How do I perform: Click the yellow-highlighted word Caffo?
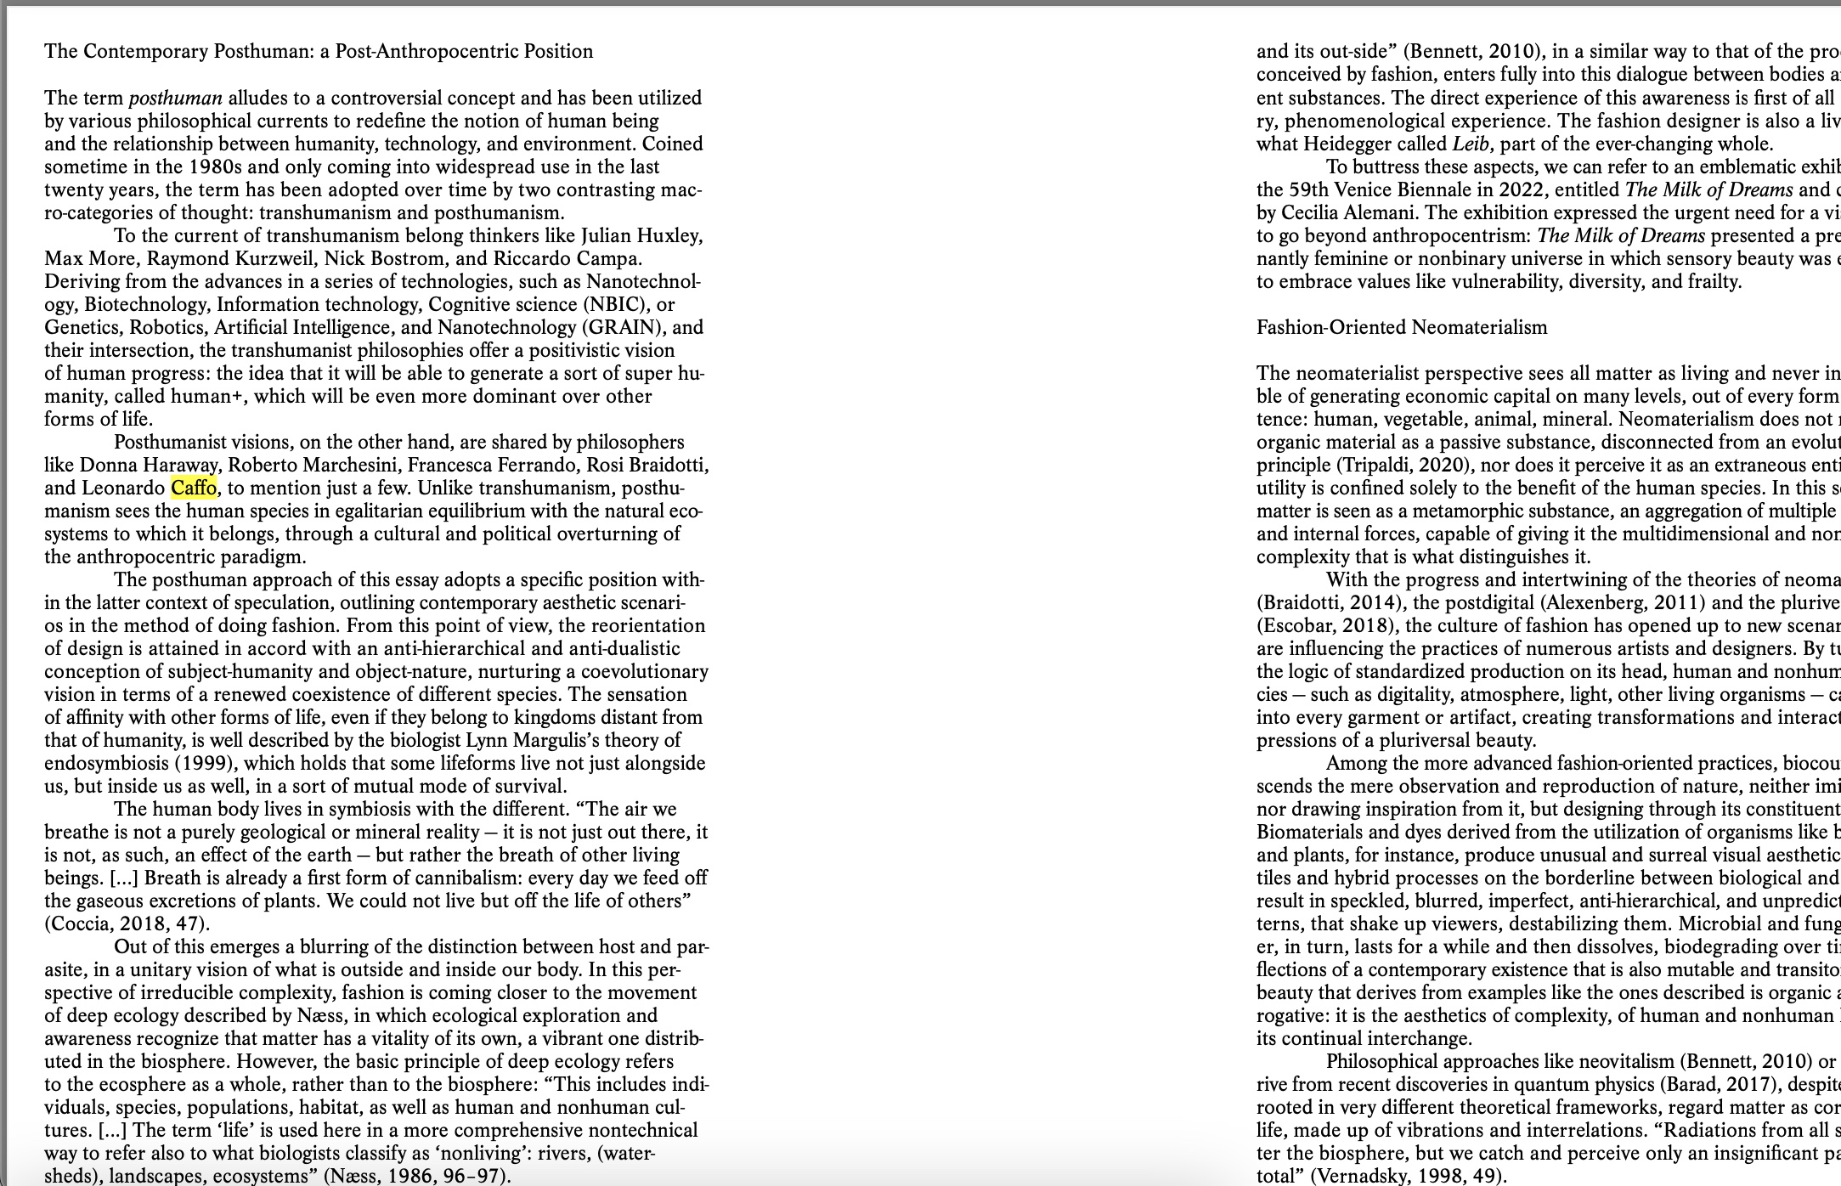194,489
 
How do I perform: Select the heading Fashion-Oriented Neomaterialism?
1402,328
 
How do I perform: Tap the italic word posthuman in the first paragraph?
175,99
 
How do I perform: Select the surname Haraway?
179,466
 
